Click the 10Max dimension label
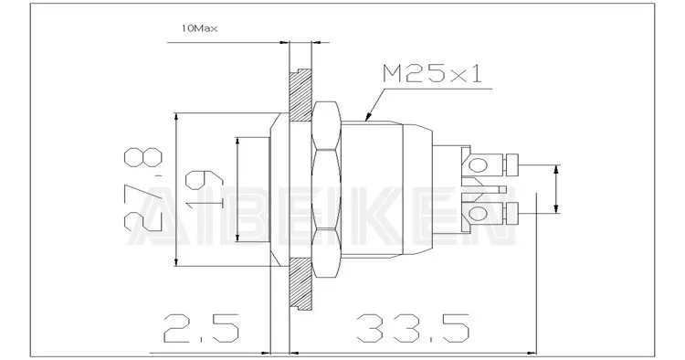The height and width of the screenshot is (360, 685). [x=199, y=29]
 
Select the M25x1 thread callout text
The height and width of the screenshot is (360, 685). [x=432, y=73]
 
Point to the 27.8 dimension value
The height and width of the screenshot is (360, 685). [x=143, y=190]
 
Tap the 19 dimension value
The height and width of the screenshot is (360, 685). [x=204, y=190]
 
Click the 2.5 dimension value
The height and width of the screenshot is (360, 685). [x=202, y=328]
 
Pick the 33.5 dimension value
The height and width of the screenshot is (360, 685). [x=413, y=328]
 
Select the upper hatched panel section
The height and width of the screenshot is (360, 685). [x=300, y=95]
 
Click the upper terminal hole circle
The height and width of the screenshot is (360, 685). [x=479, y=164]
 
